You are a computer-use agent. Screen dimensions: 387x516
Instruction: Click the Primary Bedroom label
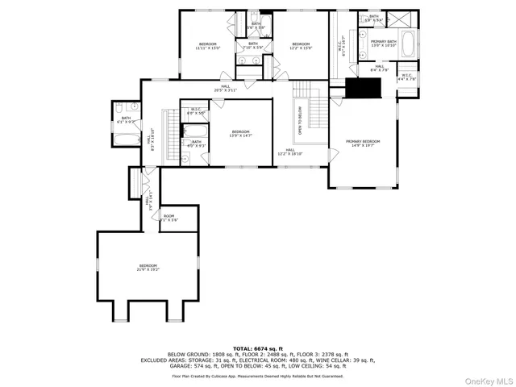(363, 144)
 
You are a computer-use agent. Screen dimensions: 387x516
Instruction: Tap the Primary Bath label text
(384, 43)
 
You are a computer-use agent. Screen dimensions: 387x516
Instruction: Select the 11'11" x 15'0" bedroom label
(207, 46)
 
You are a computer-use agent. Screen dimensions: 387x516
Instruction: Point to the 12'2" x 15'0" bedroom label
(301, 46)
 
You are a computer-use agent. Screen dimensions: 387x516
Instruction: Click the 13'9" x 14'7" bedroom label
(240, 134)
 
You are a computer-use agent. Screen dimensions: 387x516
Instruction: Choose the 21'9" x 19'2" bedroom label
(148, 268)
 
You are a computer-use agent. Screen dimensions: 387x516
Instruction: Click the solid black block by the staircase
(356, 88)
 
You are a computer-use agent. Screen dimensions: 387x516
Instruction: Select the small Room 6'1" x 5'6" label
(169, 218)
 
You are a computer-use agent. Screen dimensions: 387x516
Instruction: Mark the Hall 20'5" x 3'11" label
(226, 88)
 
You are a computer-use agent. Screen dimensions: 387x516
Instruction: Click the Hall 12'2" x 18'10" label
(290, 152)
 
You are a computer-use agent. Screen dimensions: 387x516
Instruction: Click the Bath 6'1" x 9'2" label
(126, 120)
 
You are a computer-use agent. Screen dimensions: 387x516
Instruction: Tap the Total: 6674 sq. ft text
(257, 348)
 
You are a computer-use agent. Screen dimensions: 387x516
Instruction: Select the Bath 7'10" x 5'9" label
(252, 45)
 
